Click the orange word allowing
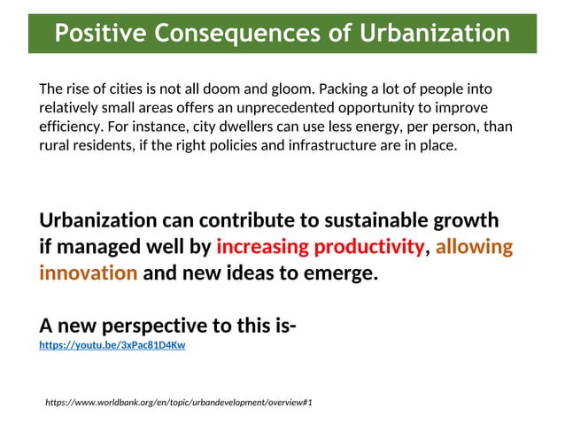[474, 247]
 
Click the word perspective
[155, 327]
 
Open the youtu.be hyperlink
[112, 346]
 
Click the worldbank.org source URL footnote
[178, 403]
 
